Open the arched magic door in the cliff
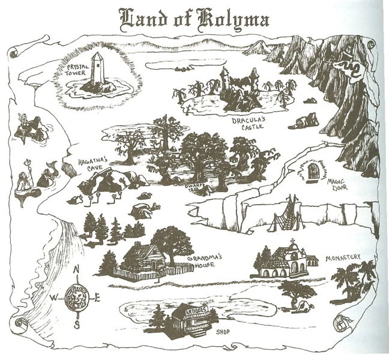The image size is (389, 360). click(312, 172)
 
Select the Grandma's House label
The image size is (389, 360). click(204, 259)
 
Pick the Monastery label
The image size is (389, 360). click(343, 258)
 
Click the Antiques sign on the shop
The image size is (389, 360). click(193, 311)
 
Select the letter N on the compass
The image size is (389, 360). click(76, 270)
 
